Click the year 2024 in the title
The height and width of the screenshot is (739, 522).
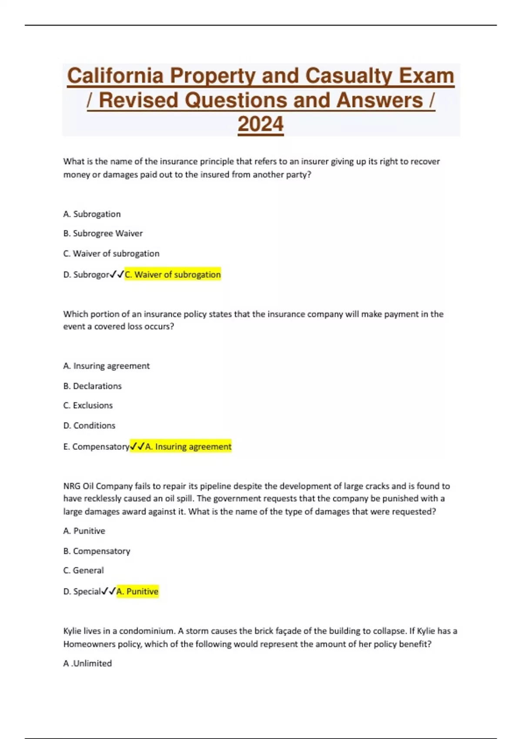[x=261, y=124]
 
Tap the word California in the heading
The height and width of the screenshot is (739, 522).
[x=115, y=76]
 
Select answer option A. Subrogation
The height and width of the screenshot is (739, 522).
[x=92, y=214]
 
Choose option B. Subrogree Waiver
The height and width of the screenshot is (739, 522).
[x=103, y=233]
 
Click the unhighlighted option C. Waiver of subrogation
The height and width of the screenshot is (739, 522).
[x=111, y=253]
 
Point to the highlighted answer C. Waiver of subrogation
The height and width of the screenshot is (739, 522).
[x=173, y=275]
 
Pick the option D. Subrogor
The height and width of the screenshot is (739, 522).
[x=86, y=275]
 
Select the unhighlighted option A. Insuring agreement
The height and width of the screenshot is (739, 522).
[x=106, y=366]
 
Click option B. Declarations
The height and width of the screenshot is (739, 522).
[x=92, y=386]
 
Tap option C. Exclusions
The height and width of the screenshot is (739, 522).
[x=88, y=405]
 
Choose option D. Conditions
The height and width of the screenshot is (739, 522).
[x=89, y=426]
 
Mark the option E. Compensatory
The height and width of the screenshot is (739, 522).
[x=96, y=447]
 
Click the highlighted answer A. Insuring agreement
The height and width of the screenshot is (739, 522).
[x=188, y=447]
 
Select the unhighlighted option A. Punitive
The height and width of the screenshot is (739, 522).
[x=84, y=531]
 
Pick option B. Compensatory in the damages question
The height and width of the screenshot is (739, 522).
[x=97, y=551]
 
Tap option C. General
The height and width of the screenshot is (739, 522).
[x=84, y=570]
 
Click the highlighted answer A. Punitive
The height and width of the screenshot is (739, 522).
[x=137, y=592]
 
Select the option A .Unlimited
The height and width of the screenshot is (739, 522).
[x=87, y=663]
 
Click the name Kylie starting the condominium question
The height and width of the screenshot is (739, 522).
[x=73, y=631]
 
